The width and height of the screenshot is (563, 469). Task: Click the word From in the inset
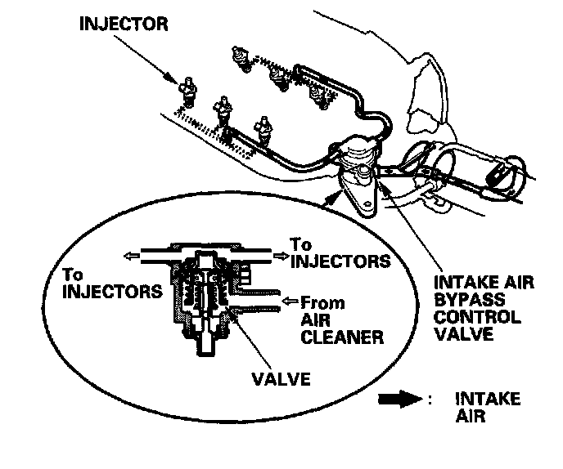(x=323, y=301)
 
